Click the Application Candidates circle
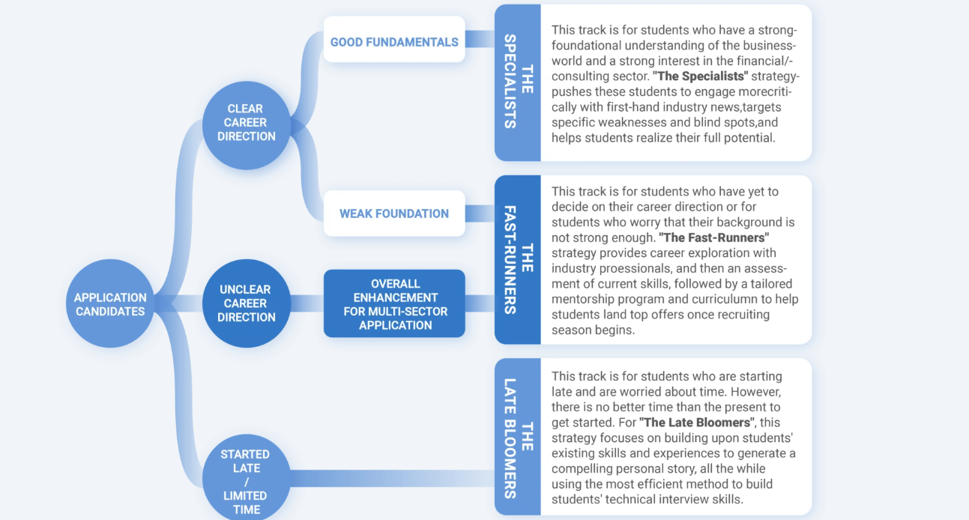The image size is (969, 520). [110, 304]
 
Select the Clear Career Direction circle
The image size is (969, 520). [246, 123]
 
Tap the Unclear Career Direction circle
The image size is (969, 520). [246, 303]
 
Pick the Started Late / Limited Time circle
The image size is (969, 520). [246, 480]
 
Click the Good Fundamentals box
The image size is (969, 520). [394, 42]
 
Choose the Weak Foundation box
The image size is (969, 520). [394, 214]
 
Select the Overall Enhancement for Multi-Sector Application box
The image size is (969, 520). [394, 304]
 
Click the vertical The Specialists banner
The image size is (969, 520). [518, 82]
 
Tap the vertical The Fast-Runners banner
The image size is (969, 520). [518, 259]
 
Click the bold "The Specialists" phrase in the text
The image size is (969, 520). [701, 76]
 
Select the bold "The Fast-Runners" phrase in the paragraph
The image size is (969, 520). [713, 238]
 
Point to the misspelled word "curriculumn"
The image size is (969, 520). [709, 300]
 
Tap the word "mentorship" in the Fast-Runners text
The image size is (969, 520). [582, 300]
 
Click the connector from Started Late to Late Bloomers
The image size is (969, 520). [390, 478]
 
